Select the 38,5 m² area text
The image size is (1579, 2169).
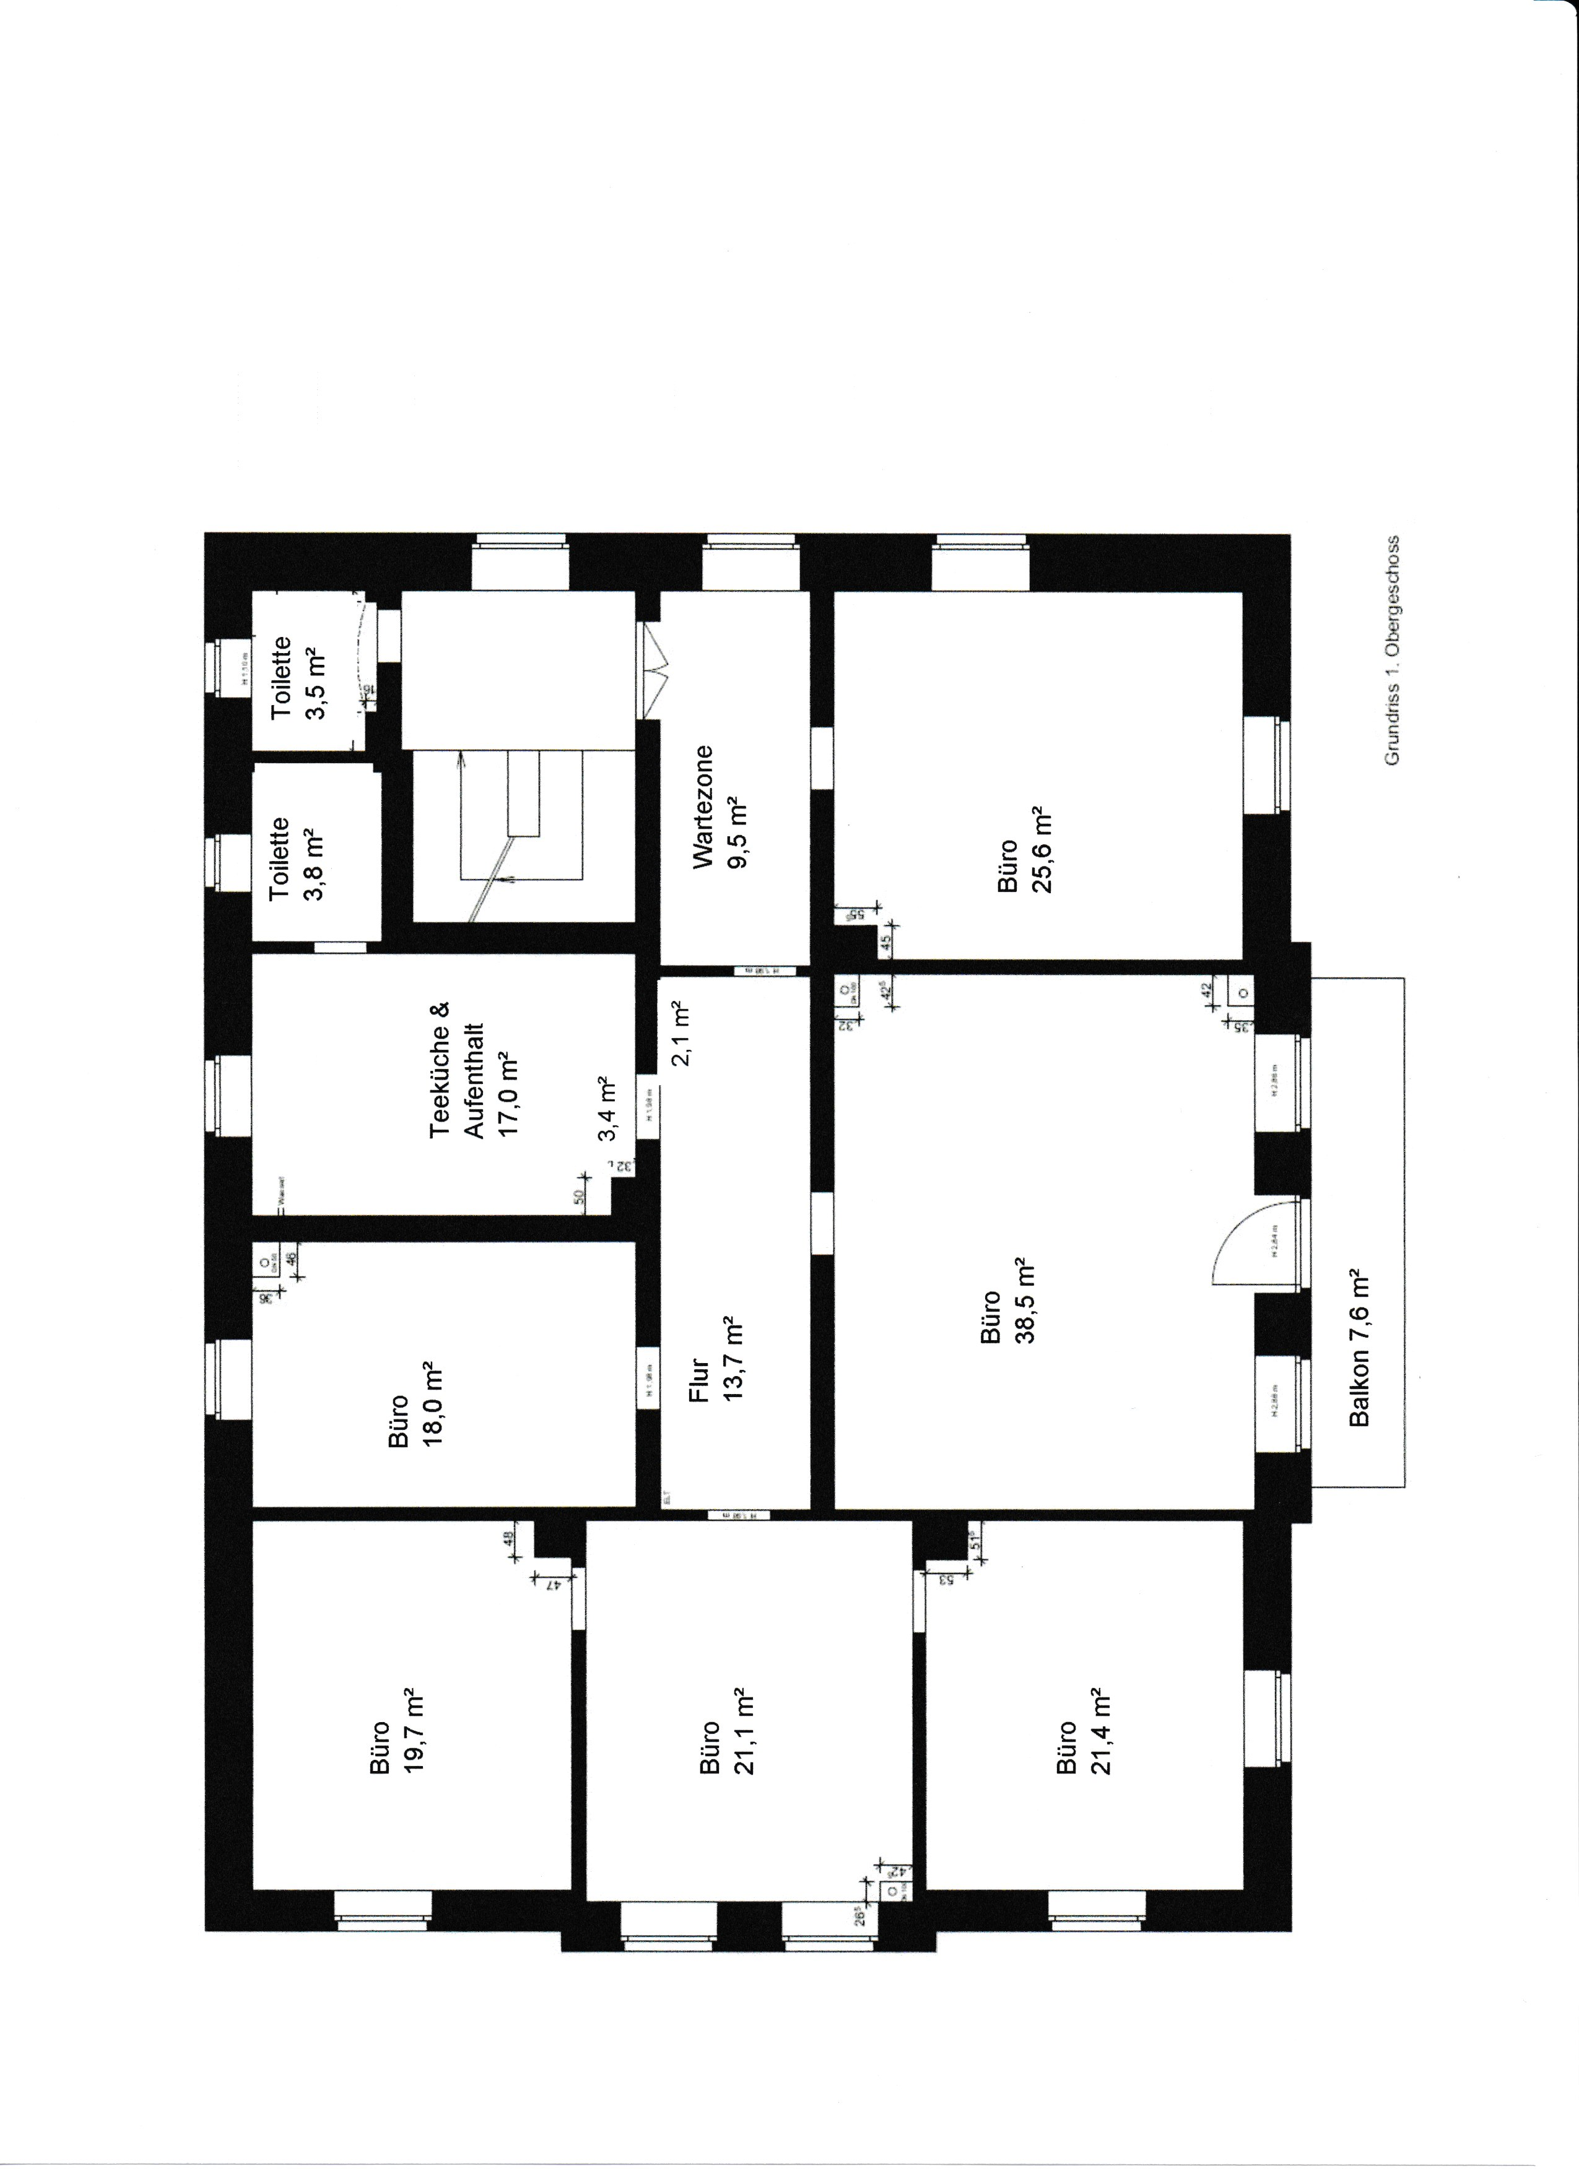[1026, 1301]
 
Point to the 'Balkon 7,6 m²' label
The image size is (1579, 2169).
[1360, 1348]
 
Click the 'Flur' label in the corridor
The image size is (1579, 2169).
[699, 1380]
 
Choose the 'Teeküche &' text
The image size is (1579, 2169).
[439, 1069]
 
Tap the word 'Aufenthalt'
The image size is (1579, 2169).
[474, 1081]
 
